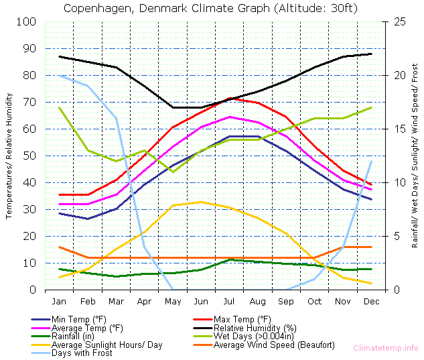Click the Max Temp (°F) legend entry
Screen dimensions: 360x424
[242, 319]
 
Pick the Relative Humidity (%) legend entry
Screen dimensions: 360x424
[251, 328]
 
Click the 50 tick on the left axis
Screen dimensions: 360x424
[29, 156]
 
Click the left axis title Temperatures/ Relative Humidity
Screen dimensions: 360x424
[9, 156]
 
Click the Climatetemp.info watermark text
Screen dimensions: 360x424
[386, 348]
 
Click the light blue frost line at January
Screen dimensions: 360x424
[60, 75]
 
